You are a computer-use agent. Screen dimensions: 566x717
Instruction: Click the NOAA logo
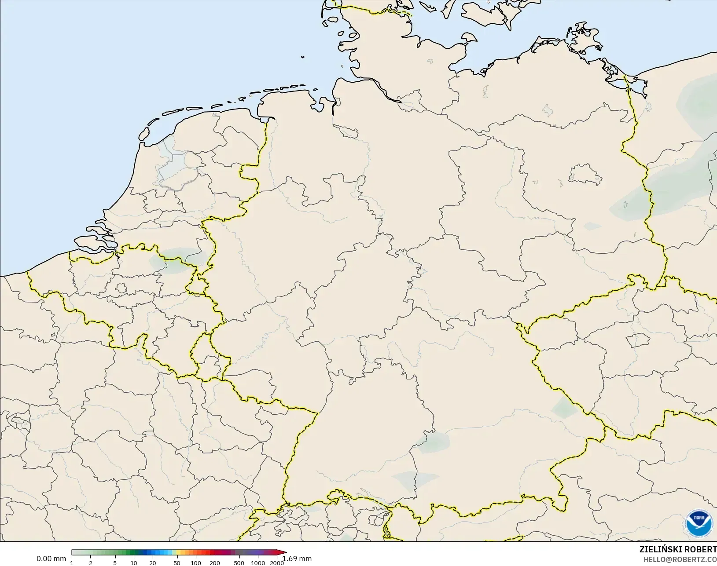point(699,523)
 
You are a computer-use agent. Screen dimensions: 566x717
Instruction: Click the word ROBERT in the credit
point(703,549)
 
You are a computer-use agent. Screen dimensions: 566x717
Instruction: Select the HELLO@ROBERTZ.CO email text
point(680,559)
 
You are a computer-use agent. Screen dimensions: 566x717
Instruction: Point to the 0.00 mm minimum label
point(51,559)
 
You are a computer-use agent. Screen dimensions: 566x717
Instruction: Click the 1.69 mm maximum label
point(297,559)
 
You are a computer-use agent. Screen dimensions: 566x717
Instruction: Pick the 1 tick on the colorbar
point(72,563)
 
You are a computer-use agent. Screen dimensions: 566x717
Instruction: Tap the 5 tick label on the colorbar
point(115,563)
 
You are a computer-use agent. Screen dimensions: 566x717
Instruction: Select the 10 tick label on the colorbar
point(133,563)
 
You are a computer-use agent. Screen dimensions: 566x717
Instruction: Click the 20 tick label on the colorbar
point(152,563)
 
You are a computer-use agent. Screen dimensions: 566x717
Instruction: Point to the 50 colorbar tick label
point(176,563)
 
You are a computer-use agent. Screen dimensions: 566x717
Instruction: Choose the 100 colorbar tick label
point(195,563)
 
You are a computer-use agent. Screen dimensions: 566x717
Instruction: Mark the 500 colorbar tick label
point(239,563)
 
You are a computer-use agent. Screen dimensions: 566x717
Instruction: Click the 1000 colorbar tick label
point(258,563)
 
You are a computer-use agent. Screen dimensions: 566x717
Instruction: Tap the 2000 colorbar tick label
point(276,563)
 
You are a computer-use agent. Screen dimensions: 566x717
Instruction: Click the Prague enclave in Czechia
point(638,340)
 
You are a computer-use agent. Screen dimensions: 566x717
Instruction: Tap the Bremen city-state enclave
point(346,131)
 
